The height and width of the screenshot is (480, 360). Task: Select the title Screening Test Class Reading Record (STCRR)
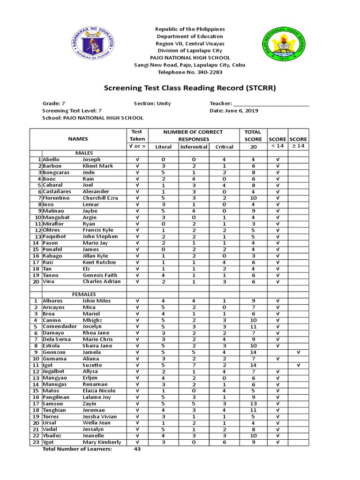190,88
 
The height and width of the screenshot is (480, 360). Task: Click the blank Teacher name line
271,104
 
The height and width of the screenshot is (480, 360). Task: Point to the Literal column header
164,147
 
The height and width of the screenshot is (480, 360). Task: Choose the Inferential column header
194,147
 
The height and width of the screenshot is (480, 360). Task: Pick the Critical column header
224,147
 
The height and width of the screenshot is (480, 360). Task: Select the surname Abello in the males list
52,160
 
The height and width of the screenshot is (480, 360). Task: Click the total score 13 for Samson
253,404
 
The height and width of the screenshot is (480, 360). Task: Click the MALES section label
84,153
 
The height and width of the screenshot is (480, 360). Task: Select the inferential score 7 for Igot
194,365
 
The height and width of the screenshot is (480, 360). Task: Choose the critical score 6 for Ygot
224,442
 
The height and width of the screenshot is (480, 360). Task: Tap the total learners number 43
137,449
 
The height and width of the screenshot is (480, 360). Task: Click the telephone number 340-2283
210,72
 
